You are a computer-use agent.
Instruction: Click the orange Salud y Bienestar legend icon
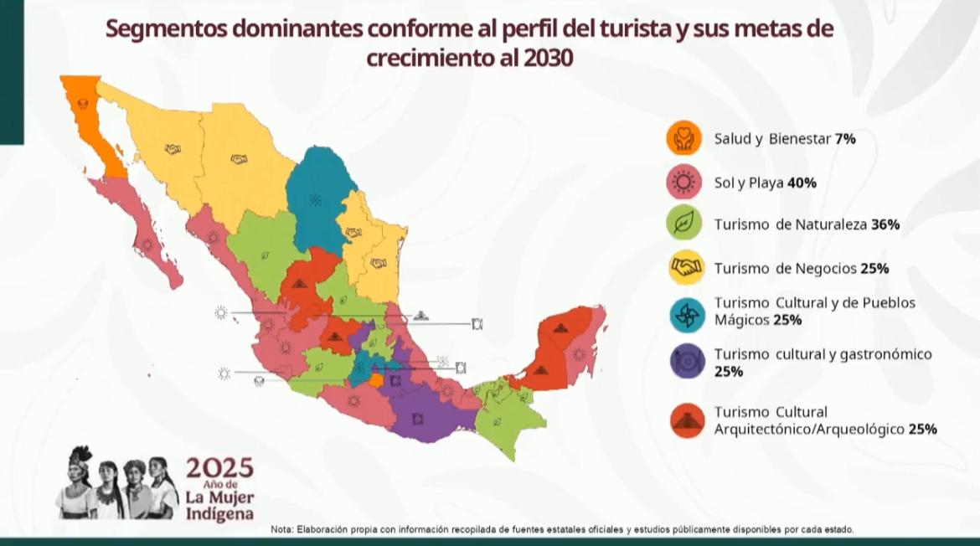pos(683,139)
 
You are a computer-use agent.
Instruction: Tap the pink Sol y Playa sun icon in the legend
pos(683,183)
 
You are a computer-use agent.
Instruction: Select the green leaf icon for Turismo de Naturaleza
pos(683,224)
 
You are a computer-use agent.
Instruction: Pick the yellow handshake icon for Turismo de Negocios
pos(683,269)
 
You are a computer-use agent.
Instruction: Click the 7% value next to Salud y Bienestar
pos(845,140)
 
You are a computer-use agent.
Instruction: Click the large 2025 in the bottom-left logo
pos(219,468)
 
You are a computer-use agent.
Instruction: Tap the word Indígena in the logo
pos(219,513)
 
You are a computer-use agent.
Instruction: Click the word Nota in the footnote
pos(282,530)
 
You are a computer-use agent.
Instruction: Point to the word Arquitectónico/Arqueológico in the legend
pos(809,429)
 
